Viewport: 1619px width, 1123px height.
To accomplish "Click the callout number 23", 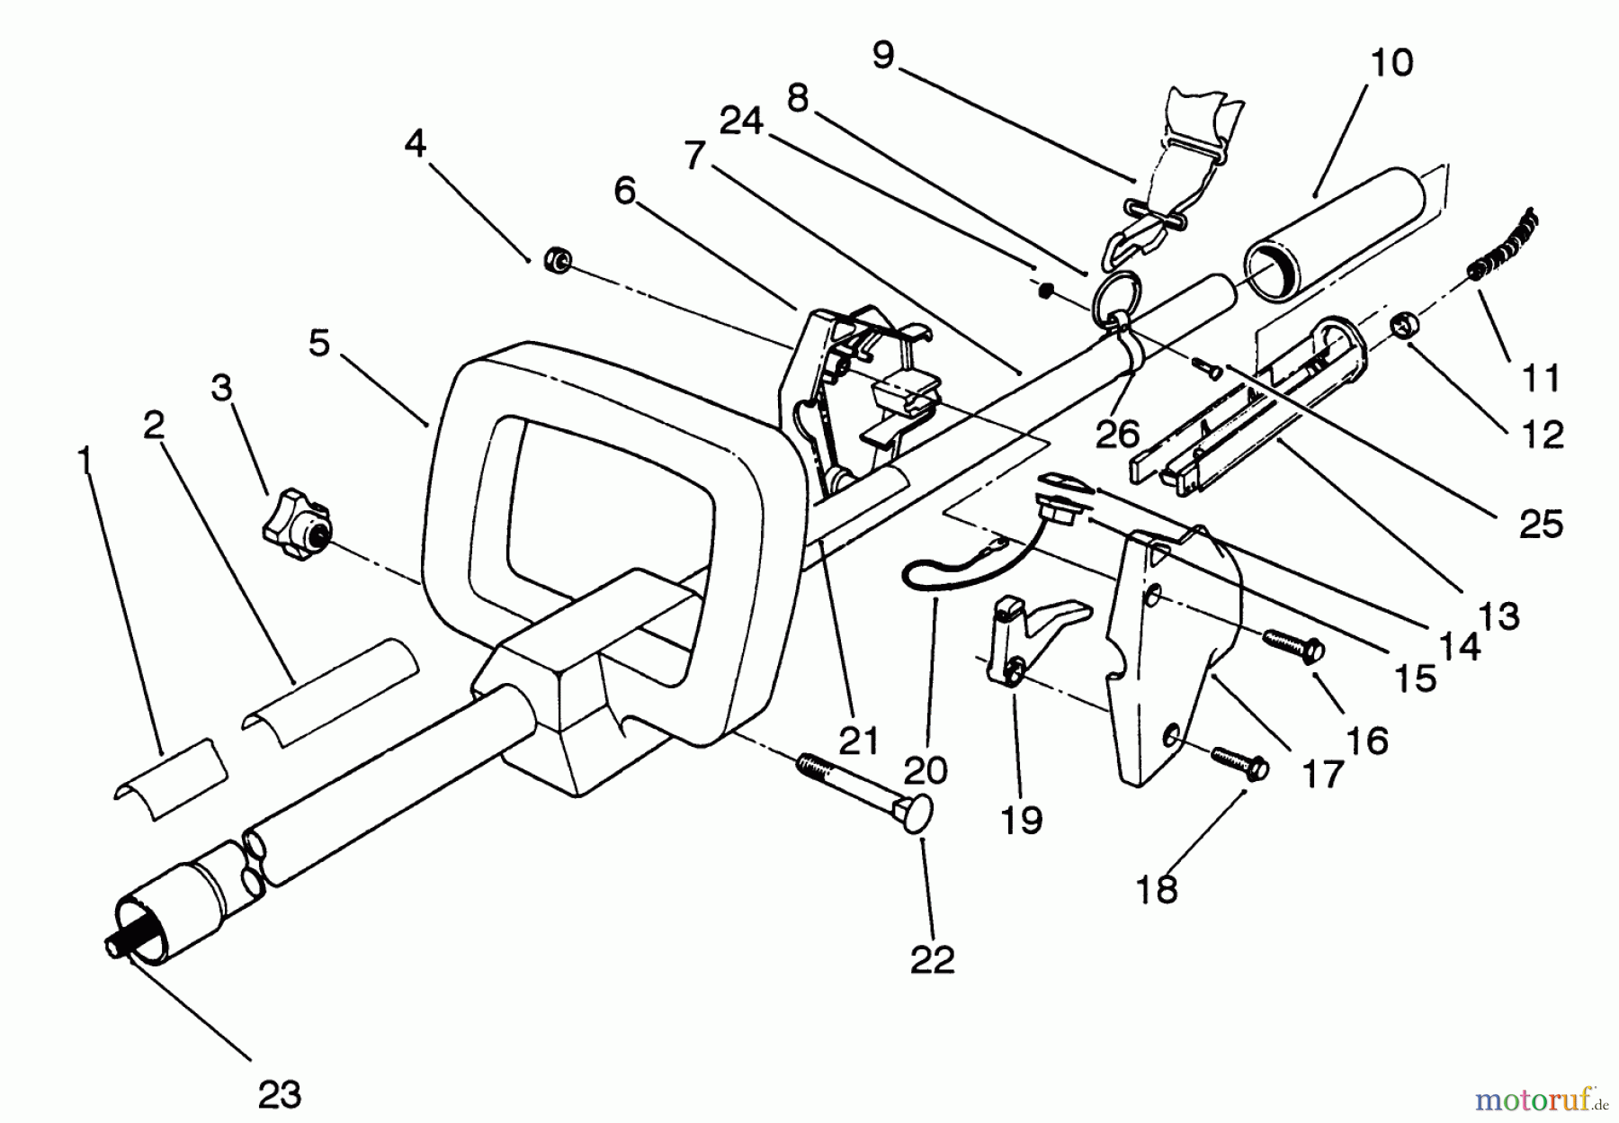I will (280, 1094).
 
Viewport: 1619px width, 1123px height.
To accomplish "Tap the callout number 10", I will (1391, 63).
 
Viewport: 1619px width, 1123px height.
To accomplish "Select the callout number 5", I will (319, 343).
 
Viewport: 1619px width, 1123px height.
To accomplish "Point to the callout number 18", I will (1157, 889).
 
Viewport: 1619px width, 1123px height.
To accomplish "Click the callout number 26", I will (1118, 435).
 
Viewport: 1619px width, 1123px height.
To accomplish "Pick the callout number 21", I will (859, 741).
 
